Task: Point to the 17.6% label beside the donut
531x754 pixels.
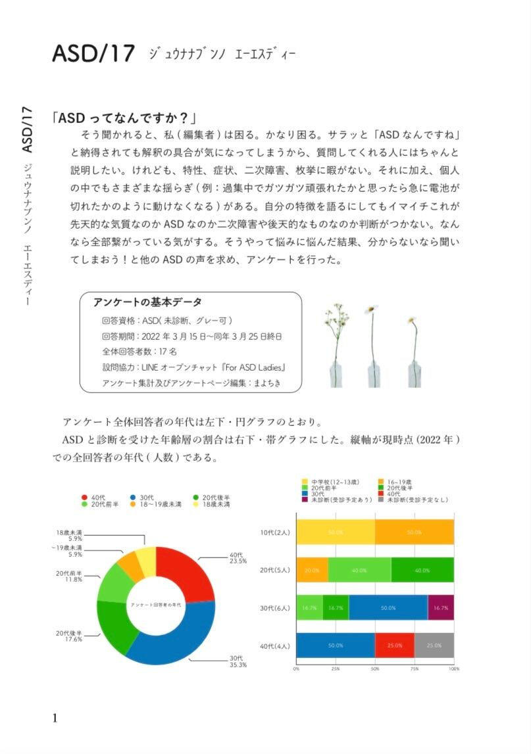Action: pos(69,639)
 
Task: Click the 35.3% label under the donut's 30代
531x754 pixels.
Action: pos(238,665)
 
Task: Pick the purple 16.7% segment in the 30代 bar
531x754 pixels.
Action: pos(440,607)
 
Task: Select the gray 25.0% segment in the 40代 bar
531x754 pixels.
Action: pos(434,645)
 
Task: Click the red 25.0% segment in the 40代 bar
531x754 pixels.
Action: pos(395,645)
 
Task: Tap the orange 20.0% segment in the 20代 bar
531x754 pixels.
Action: pos(312,569)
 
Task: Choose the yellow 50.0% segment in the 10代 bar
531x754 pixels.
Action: pos(336,532)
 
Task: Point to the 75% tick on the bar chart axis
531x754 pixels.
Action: pos(415,669)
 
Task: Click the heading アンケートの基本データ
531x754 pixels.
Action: pos(147,302)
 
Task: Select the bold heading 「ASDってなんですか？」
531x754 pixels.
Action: pos(124,118)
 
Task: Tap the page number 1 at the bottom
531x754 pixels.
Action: pos(55,717)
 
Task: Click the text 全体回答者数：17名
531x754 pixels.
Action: pos(139,351)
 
